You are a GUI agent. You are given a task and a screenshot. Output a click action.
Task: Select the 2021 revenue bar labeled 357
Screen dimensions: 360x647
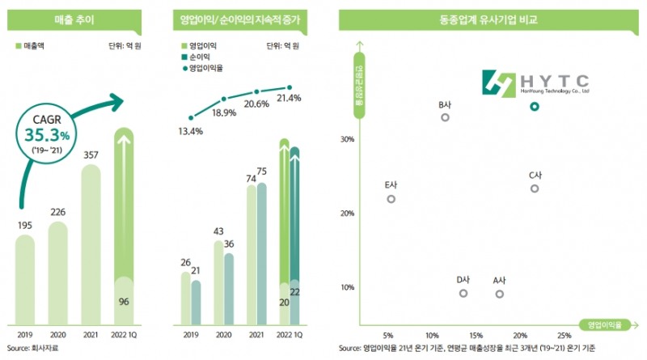[91, 247]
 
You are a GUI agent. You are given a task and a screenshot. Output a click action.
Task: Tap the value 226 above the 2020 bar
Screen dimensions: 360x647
[58, 213]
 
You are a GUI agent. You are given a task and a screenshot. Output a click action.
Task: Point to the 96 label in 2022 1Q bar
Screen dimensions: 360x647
[124, 302]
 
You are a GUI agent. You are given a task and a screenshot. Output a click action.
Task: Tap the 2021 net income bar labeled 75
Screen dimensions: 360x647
[261, 255]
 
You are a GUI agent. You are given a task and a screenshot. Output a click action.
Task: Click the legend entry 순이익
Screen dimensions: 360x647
[199, 58]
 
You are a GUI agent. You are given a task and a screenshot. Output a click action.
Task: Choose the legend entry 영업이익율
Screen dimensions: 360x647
[205, 70]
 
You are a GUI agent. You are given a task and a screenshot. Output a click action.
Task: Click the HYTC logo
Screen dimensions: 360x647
[535, 83]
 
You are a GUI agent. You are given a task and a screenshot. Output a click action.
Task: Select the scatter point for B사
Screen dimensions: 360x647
[445, 117]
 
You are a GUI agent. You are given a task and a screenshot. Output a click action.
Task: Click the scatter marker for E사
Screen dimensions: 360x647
[391, 198]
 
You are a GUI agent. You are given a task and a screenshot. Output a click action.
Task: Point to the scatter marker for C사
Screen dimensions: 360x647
[535, 188]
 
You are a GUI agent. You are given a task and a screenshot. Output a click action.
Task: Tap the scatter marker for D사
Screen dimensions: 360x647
[463, 293]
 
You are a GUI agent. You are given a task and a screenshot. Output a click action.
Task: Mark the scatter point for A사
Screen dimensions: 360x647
[499, 294]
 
